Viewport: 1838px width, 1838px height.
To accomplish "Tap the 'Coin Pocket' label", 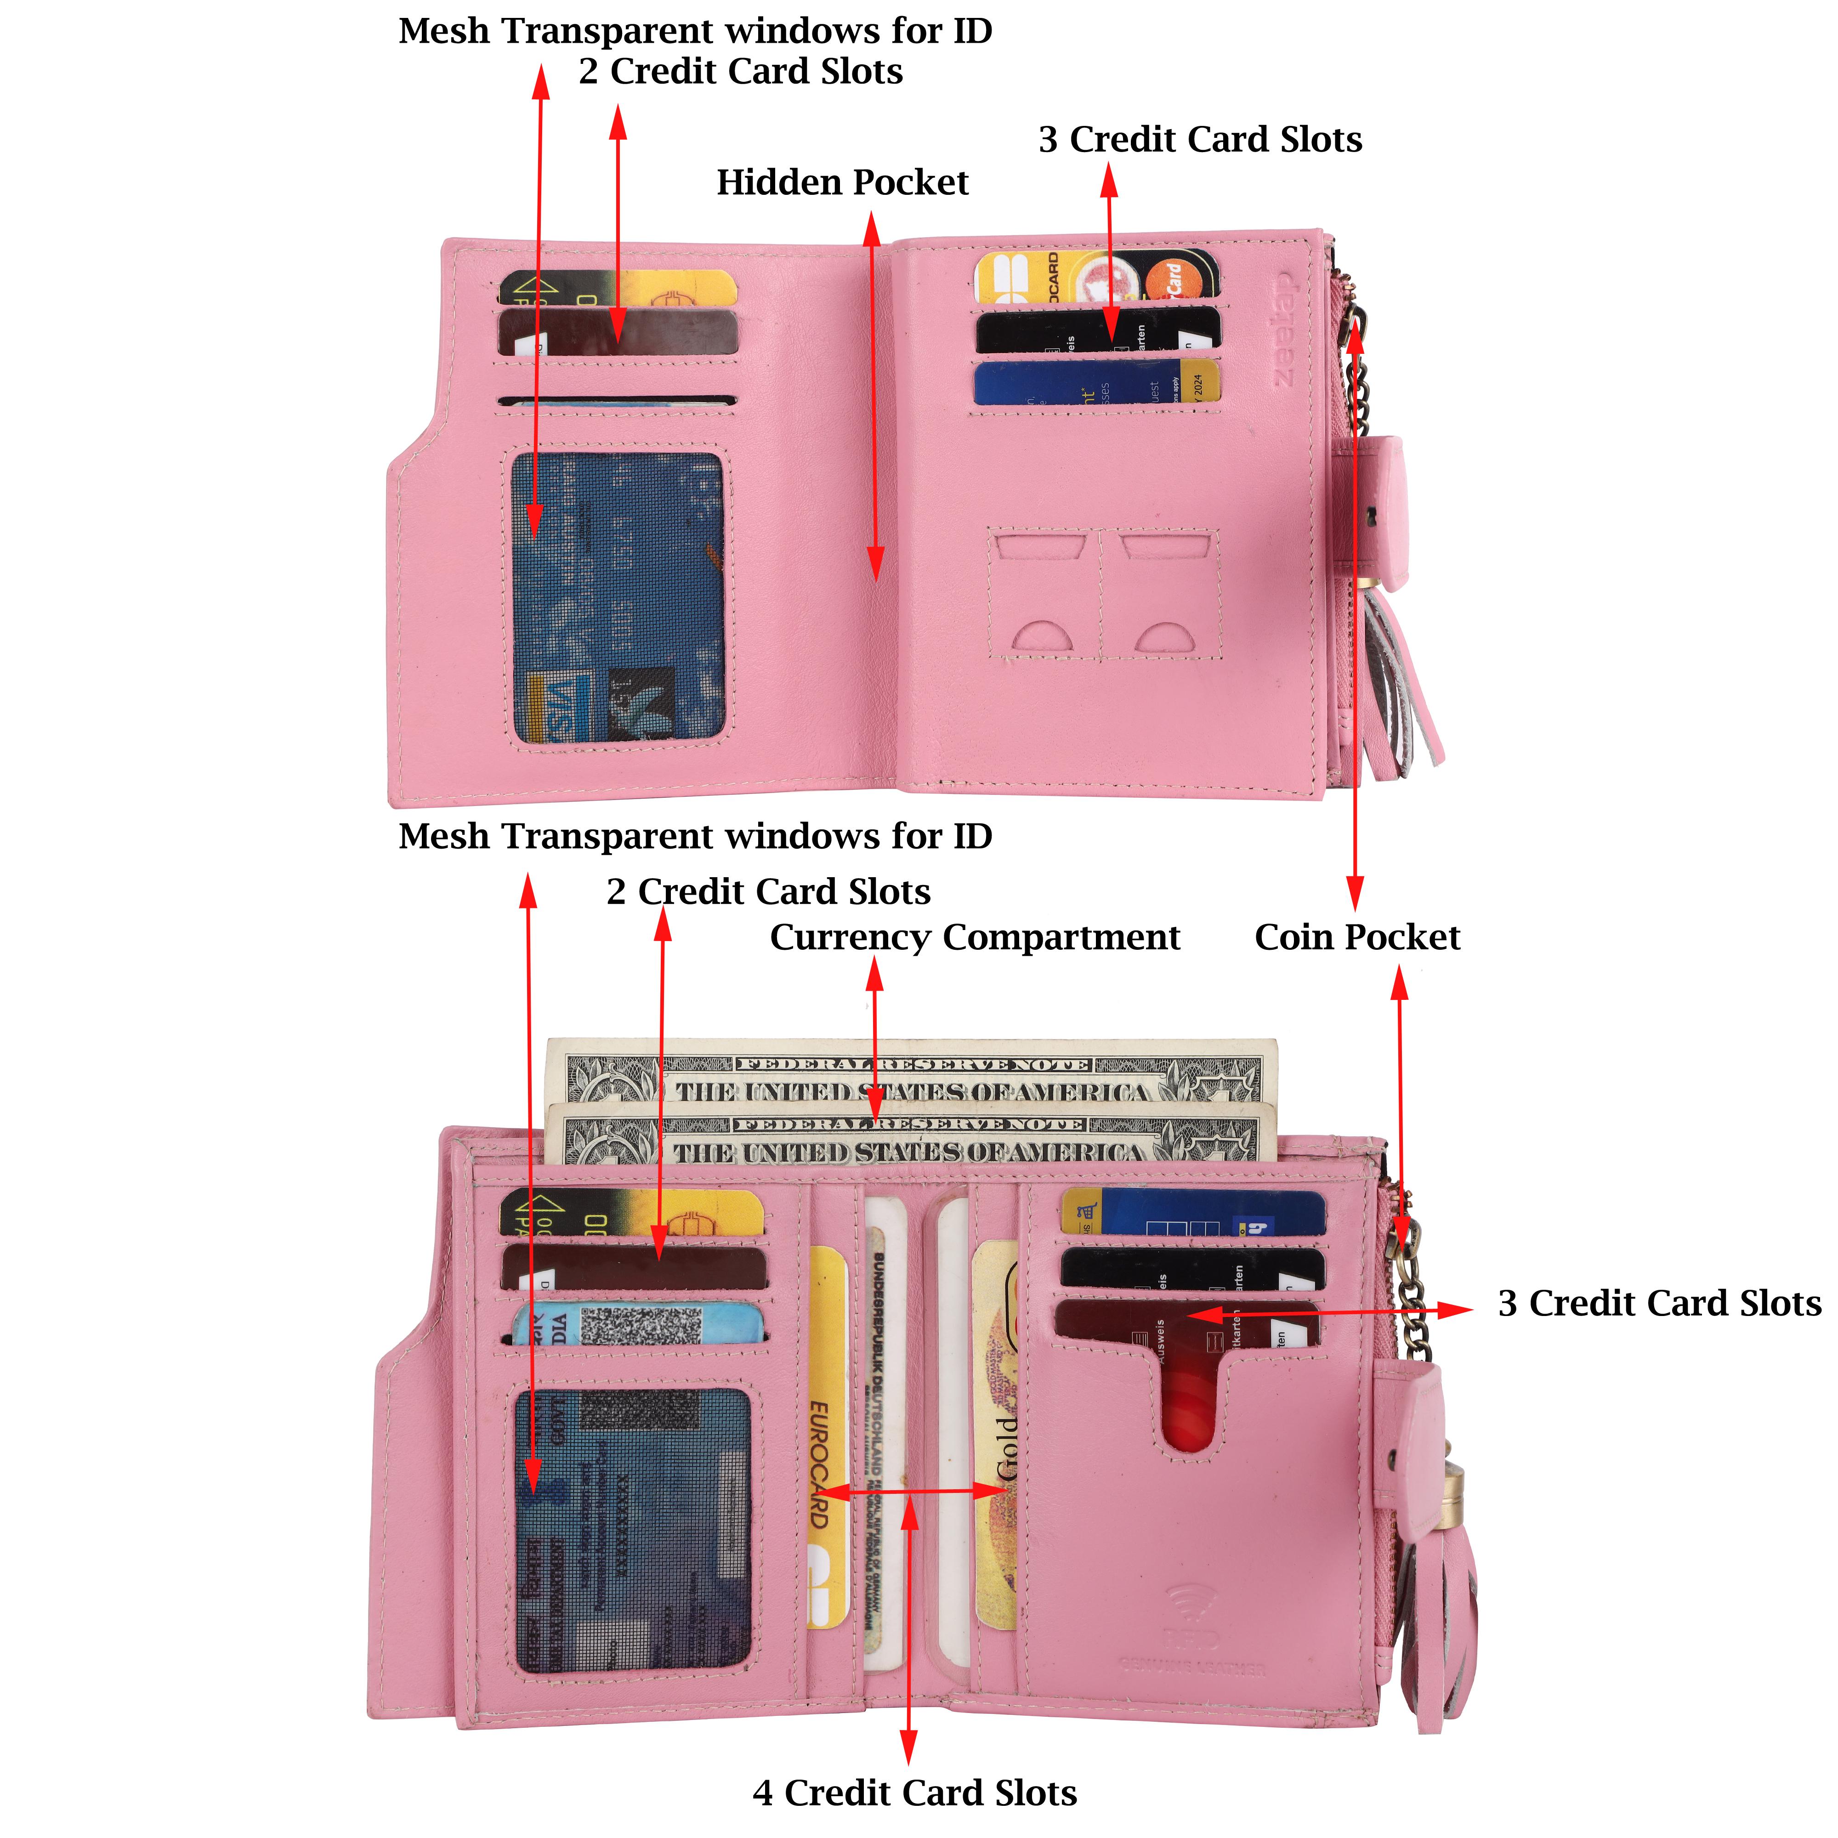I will tap(1356, 937).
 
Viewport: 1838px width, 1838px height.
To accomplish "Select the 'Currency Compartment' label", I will tap(974, 937).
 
